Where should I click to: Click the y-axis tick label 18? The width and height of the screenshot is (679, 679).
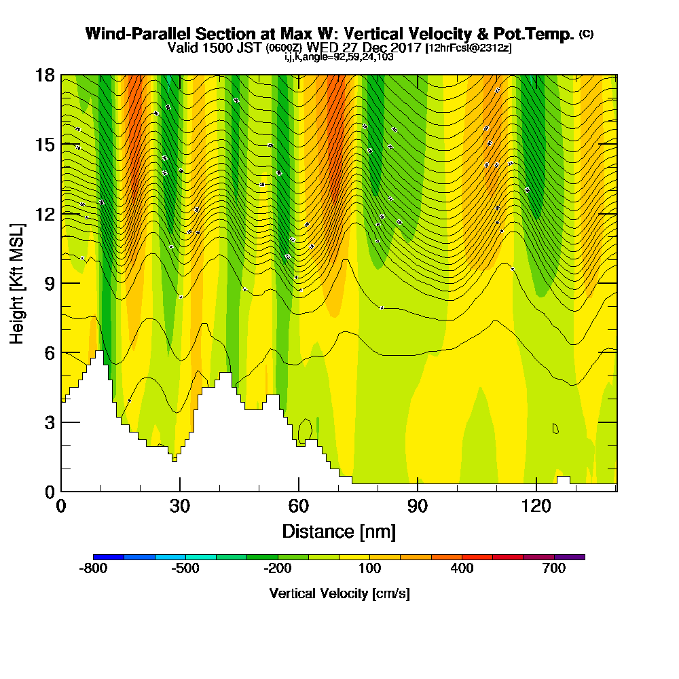44,75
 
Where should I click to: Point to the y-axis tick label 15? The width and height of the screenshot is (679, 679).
44,145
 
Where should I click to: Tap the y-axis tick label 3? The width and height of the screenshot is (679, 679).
48,422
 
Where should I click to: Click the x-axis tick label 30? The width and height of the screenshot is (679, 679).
180,506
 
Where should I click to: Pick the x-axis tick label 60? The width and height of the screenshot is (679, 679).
299,506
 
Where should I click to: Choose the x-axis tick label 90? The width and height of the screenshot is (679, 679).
418,506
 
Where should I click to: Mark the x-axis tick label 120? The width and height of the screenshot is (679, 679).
536,506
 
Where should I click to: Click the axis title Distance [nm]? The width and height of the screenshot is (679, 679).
339,530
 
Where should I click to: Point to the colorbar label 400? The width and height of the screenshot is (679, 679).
462,568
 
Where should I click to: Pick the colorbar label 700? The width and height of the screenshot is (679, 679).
554,568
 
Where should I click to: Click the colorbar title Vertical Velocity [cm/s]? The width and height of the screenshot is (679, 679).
339,593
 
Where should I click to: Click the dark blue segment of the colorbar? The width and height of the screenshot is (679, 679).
109,557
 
